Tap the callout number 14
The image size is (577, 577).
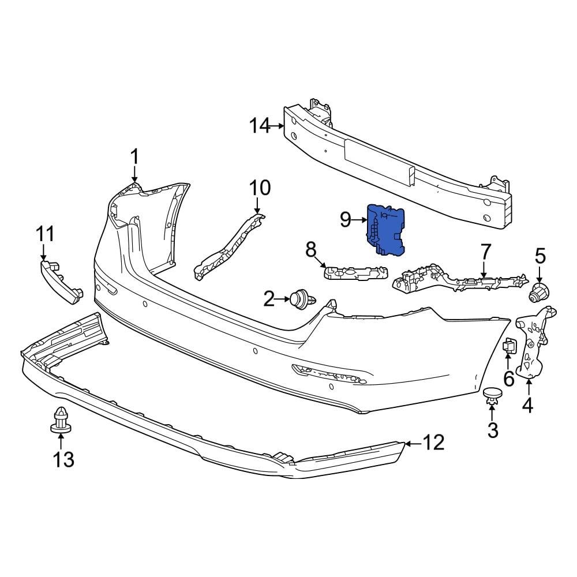260,125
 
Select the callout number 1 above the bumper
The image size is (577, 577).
134,156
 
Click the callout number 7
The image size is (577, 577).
485,252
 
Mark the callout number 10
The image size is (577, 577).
260,188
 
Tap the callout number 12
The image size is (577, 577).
433,443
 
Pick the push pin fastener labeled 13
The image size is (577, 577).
60,420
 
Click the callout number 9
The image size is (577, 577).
346,219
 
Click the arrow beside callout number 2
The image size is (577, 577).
283,299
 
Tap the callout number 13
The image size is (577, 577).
63,459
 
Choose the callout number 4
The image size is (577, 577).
527,406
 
